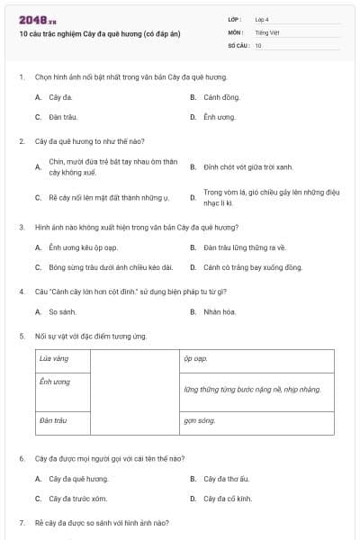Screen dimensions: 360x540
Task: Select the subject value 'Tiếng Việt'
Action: (265, 31)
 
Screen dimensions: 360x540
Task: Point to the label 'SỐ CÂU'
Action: (238, 44)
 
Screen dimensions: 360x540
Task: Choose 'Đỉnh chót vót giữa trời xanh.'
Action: (247, 166)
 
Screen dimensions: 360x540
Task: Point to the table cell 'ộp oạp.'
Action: (195, 358)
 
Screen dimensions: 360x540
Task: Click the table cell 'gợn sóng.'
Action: (200, 420)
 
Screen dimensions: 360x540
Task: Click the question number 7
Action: (22, 523)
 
